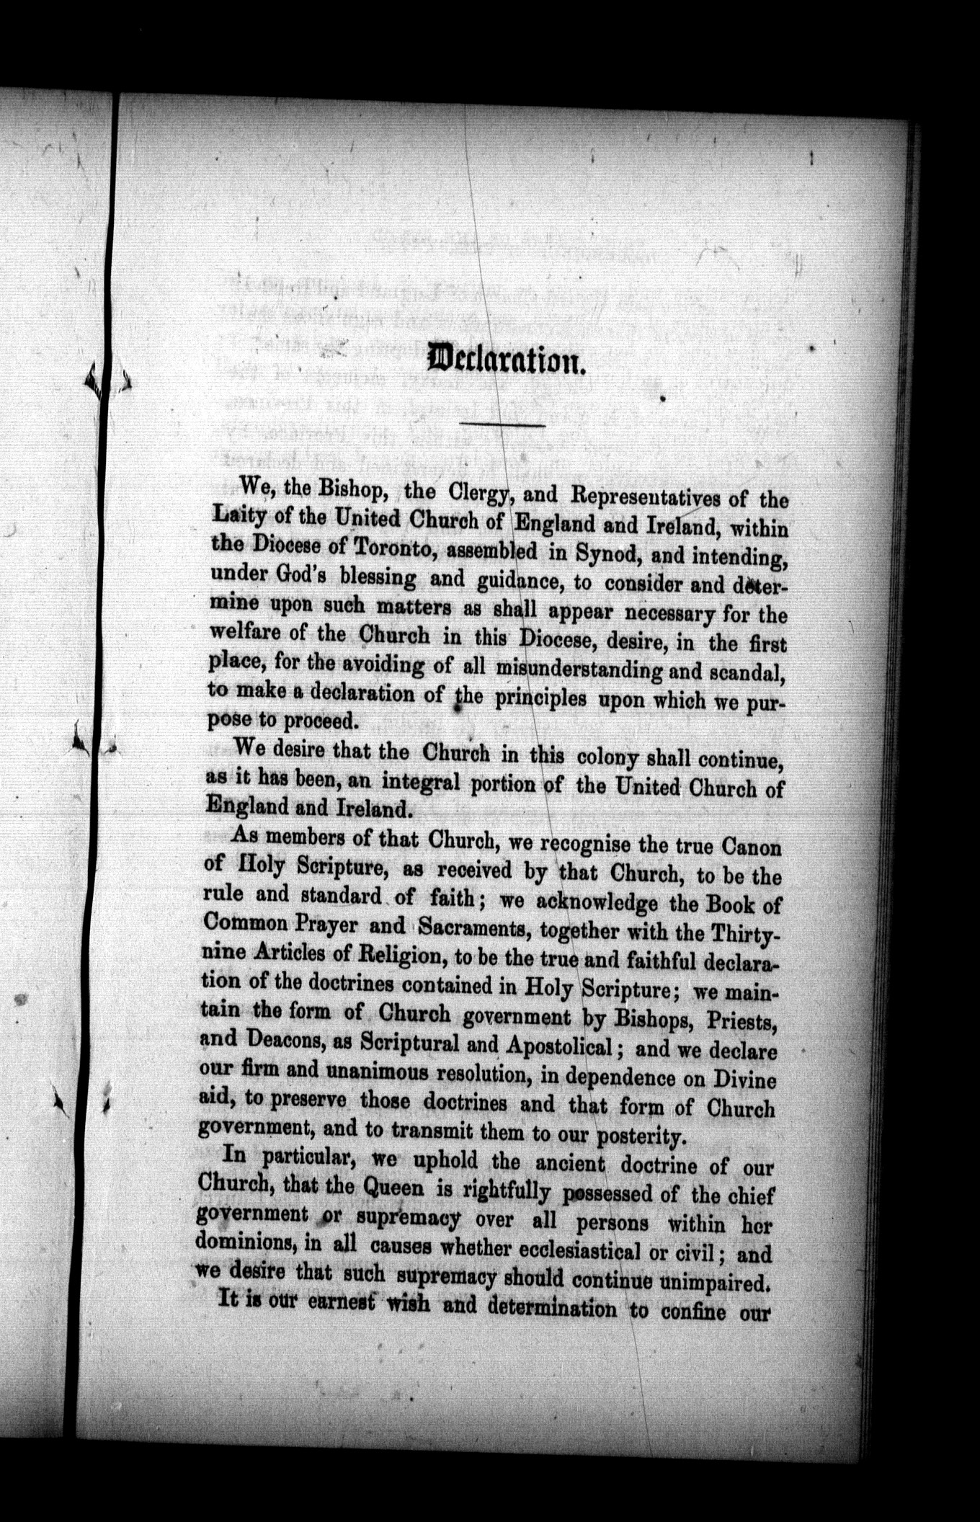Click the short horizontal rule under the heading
click(x=502, y=425)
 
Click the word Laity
click(x=239, y=517)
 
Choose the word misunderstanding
click(x=579, y=669)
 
